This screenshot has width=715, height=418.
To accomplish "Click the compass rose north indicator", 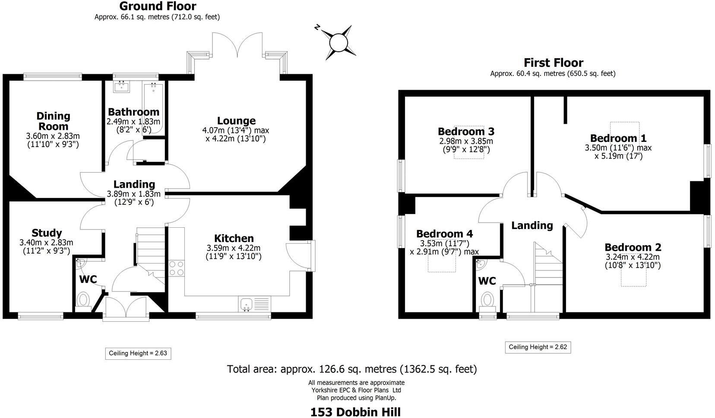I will pyautogui.click(x=339, y=42).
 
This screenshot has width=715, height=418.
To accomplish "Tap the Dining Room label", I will pyautogui.click(x=53, y=121).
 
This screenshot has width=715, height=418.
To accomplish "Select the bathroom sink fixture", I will pyautogui.click(x=121, y=87).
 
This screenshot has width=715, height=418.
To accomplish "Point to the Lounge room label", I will pyautogui.click(x=236, y=121).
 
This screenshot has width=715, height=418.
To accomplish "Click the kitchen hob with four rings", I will pyautogui.click(x=176, y=268).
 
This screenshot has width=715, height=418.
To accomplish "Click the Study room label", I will pyautogui.click(x=47, y=233).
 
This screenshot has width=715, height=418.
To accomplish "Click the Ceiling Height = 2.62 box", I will pyautogui.click(x=538, y=347).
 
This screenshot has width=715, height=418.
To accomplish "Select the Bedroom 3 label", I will pyautogui.click(x=466, y=131).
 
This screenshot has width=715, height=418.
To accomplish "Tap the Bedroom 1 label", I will pyautogui.click(x=618, y=138).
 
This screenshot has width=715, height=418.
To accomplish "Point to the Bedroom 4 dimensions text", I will pyautogui.click(x=444, y=248).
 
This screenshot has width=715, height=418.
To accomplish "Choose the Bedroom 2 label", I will pyautogui.click(x=633, y=247).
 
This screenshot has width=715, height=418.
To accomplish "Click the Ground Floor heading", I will pyautogui.click(x=157, y=6).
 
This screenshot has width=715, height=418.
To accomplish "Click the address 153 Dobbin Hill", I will pyautogui.click(x=355, y=412).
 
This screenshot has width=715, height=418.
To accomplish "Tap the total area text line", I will pyautogui.click(x=352, y=369).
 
